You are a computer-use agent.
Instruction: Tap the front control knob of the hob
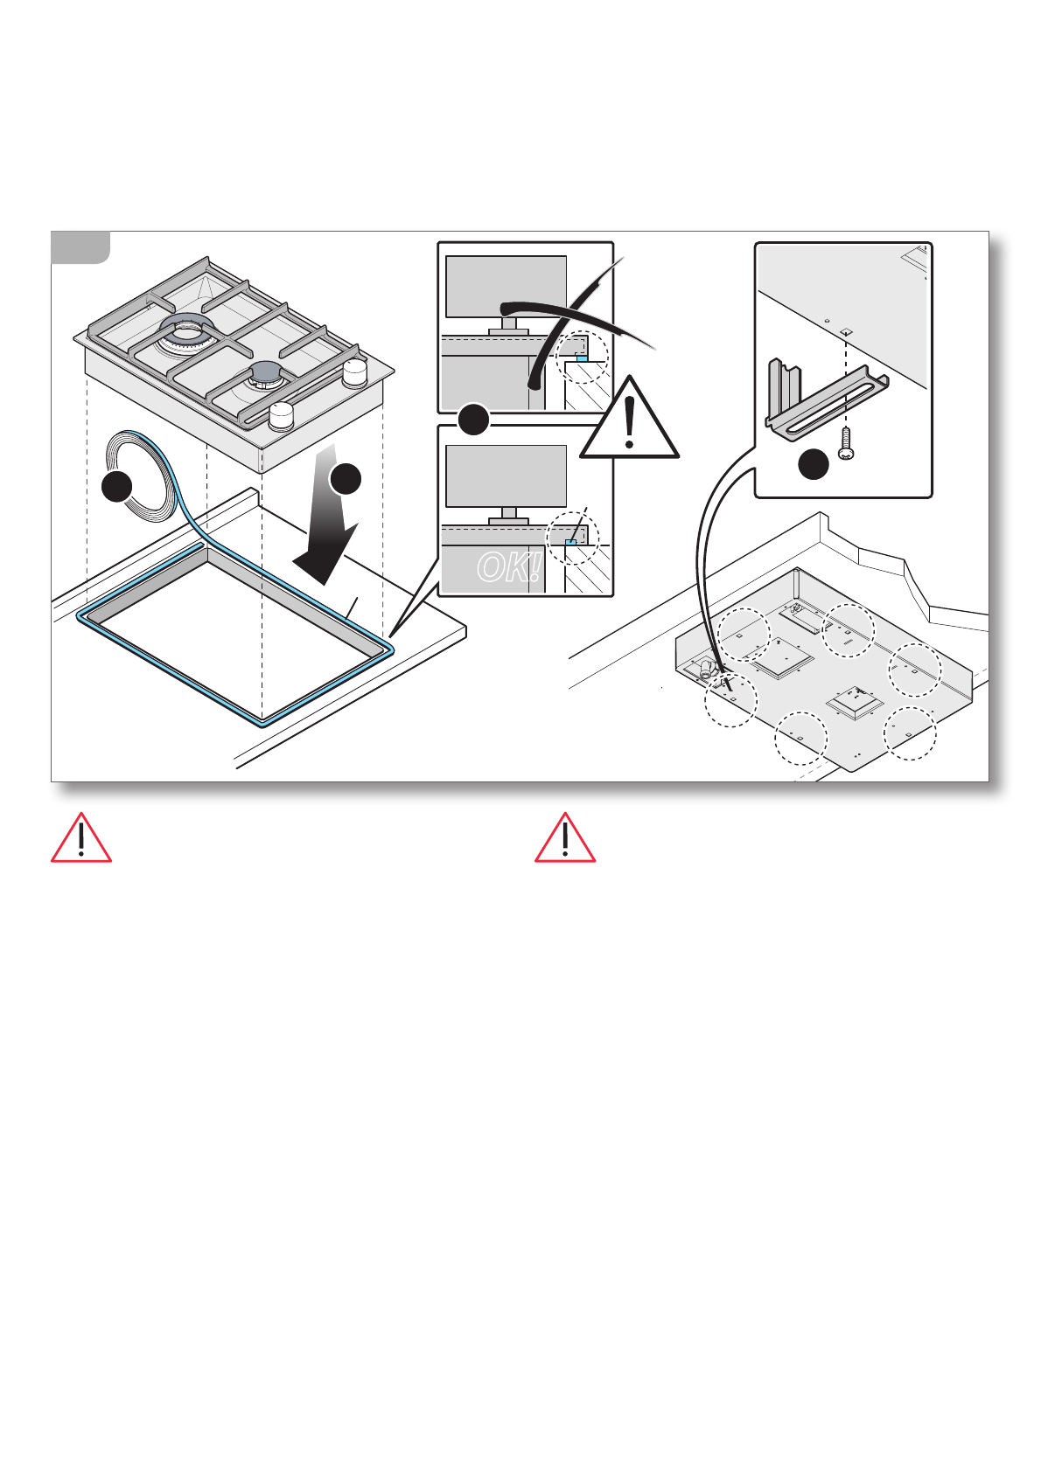click(281, 416)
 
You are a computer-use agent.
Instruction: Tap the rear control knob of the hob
click(355, 373)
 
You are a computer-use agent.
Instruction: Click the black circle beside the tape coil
click(117, 486)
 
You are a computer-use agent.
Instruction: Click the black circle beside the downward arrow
click(346, 478)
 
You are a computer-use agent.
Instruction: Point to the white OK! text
click(508, 567)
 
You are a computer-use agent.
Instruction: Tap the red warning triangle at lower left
click(80, 839)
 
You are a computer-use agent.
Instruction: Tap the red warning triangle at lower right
click(565, 839)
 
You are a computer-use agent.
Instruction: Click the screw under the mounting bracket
click(845, 443)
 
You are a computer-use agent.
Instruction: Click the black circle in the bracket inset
click(814, 464)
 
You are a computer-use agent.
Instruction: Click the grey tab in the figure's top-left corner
click(80, 246)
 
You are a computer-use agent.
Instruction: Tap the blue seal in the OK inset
click(570, 542)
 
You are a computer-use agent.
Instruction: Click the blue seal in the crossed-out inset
click(582, 358)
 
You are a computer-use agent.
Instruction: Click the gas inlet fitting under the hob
click(707, 670)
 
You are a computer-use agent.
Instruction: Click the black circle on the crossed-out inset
click(474, 420)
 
